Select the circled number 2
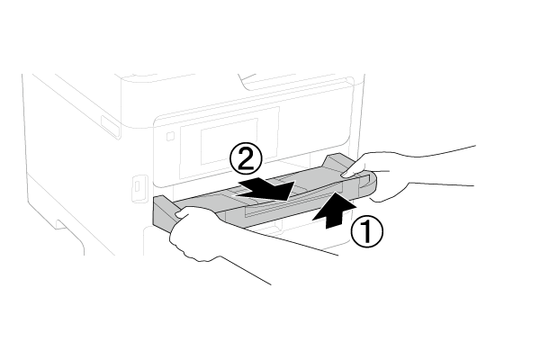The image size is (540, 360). pyautogui.click(x=246, y=159)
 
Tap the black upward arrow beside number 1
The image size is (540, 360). pyautogui.click(x=333, y=211)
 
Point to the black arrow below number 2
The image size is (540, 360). pyautogui.click(x=266, y=190)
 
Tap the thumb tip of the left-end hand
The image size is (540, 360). pyautogui.click(x=178, y=215)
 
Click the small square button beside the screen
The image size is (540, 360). pyautogui.click(x=170, y=137)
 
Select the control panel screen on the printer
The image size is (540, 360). pyautogui.click(x=229, y=142)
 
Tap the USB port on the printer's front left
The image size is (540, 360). pyautogui.click(x=138, y=186)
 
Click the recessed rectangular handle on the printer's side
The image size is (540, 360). pyautogui.click(x=110, y=127)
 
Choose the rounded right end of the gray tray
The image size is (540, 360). pyautogui.click(x=367, y=184)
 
